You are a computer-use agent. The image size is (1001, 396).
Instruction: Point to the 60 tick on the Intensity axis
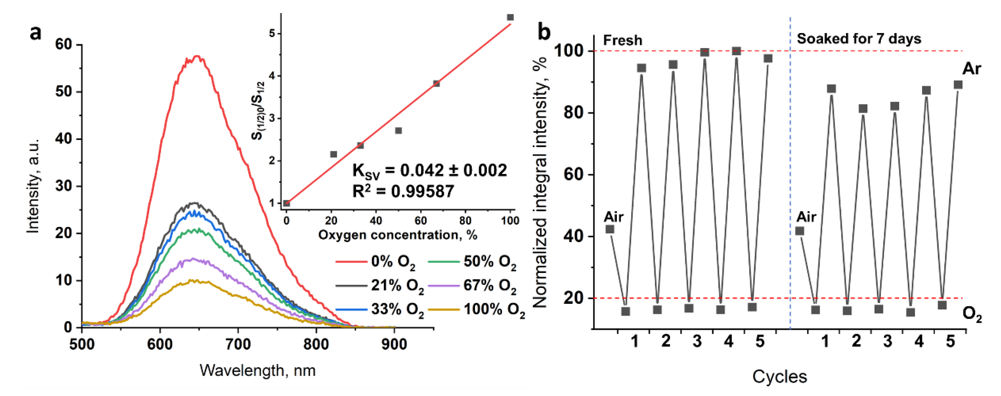click(64, 44)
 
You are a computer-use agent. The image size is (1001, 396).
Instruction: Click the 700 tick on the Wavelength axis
click(238, 344)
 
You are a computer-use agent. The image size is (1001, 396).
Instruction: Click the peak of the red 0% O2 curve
click(197, 56)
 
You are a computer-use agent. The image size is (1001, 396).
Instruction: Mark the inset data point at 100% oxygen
click(510, 17)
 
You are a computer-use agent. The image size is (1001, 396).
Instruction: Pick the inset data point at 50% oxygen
click(398, 131)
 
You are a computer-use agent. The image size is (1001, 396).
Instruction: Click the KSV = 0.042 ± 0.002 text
click(429, 171)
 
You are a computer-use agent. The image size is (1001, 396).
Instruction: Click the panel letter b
click(544, 32)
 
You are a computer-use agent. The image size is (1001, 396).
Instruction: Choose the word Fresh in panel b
click(622, 40)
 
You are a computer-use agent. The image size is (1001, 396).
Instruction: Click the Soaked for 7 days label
click(859, 39)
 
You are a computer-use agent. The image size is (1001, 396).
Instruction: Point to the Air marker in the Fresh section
click(610, 229)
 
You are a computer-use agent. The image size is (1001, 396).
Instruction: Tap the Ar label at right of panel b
click(971, 69)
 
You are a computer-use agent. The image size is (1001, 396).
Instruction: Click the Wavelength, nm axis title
click(257, 371)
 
